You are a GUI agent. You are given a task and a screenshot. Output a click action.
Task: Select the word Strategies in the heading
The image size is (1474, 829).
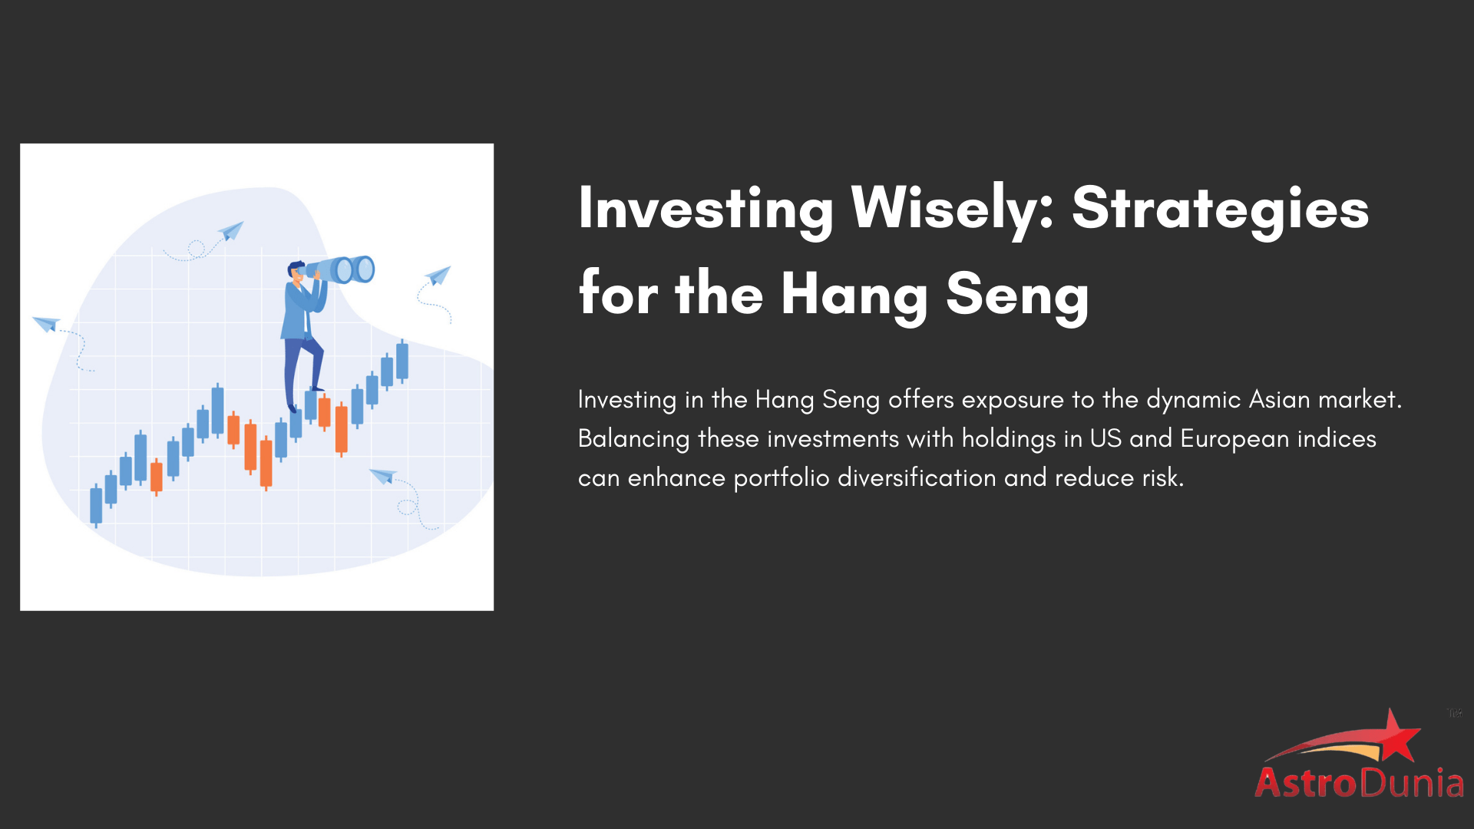1220,209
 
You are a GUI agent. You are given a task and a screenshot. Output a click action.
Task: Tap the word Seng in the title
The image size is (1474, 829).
1016,295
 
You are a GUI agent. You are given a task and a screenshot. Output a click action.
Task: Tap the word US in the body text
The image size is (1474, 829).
1105,438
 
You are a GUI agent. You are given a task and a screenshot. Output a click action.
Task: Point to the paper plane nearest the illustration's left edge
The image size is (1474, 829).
46,323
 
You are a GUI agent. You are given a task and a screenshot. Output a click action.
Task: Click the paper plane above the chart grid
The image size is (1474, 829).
231,230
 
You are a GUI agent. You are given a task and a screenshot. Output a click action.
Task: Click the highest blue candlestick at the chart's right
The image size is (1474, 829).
402,361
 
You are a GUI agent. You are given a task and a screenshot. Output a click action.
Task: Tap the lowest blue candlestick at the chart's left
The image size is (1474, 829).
96,505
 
